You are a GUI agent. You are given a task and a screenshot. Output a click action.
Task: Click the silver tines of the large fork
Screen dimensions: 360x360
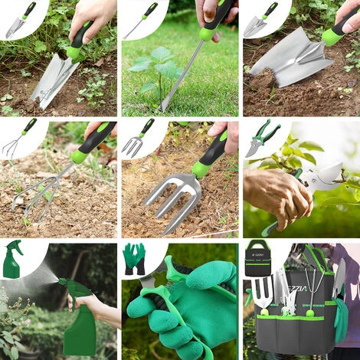pyautogui.click(x=172, y=196)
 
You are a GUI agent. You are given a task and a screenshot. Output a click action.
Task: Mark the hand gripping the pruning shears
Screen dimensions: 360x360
pyautogui.click(x=280, y=195)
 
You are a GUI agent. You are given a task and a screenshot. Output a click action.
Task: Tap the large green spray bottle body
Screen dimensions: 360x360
pyautogui.click(x=80, y=329)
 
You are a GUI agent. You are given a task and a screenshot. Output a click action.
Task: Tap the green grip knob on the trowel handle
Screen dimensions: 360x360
pyautogui.click(x=75, y=51)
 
